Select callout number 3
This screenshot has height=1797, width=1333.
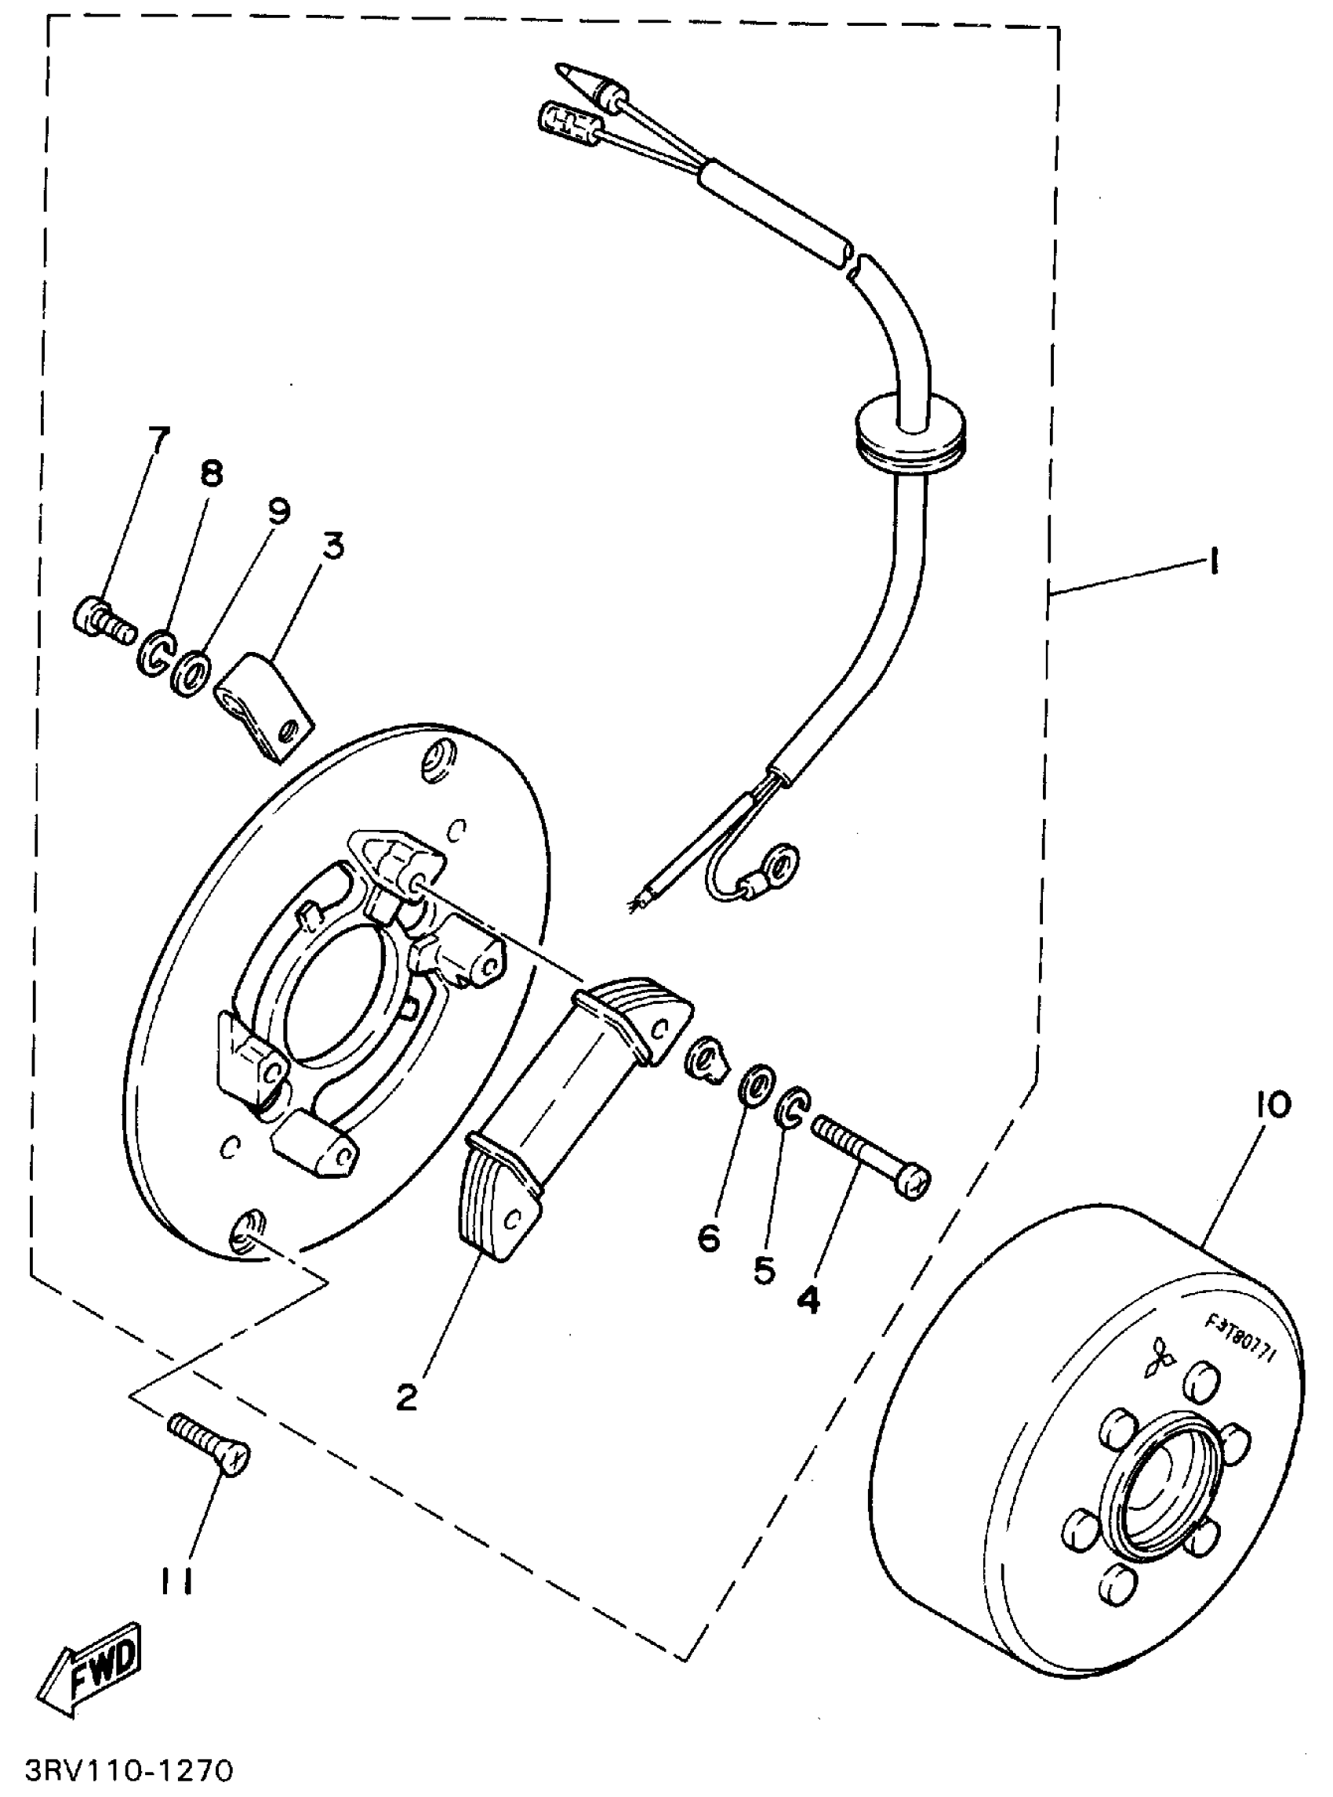332,546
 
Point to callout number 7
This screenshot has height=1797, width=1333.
159,441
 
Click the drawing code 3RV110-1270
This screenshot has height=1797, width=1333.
130,1770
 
